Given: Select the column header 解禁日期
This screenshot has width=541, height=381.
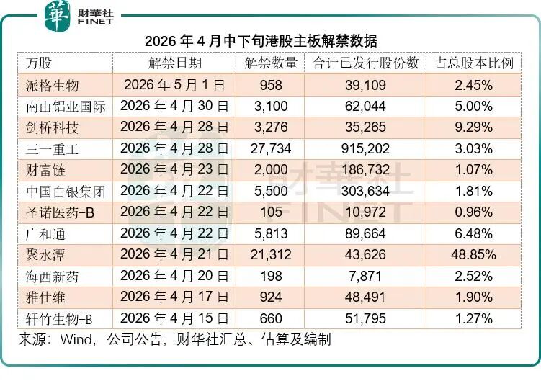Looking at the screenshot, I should pyautogui.click(x=174, y=63).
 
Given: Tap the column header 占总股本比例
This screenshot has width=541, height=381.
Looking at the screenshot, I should pyautogui.click(x=474, y=63).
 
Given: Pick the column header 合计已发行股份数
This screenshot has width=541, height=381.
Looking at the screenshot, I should pyautogui.click(x=366, y=63).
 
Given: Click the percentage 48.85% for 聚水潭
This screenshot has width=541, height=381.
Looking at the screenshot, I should pyautogui.click(x=474, y=255).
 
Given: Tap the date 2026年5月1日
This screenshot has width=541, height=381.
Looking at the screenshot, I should pyautogui.click(x=174, y=85).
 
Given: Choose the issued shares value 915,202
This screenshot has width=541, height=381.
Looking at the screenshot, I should pyautogui.click(x=366, y=149).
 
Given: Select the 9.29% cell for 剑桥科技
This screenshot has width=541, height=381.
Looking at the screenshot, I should pyautogui.click(x=474, y=128).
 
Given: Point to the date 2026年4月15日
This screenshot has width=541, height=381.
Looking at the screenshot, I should pyautogui.click(x=174, y=318).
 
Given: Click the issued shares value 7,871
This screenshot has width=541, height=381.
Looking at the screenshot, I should pyautogui.click(x=366, y=276).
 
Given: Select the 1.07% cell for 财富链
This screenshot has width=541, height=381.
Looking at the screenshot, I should pyautogui.click(x=474, y=170).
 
